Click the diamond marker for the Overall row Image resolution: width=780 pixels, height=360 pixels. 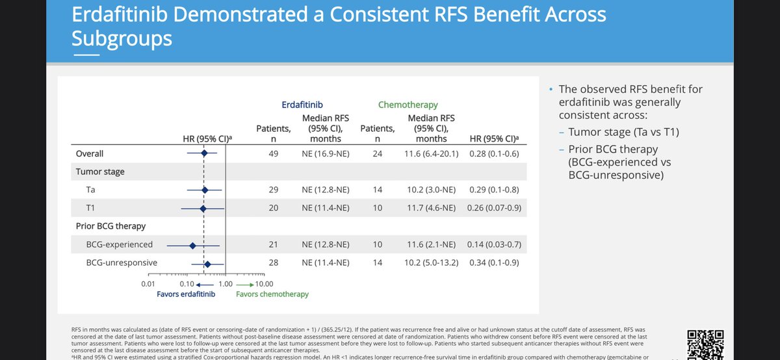[203, 153]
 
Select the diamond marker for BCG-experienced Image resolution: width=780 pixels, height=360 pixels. [192, 245]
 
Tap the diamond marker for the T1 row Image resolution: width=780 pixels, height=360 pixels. [203, 208]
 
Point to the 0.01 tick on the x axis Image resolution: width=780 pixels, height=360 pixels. [148, 284]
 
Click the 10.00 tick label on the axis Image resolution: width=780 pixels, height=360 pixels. [264, 284]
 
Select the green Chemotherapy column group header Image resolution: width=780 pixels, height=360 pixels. [408, 104]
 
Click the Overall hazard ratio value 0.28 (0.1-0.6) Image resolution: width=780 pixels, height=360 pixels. [493, 154]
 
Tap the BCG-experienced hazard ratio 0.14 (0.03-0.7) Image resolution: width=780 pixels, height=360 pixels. [493, 245]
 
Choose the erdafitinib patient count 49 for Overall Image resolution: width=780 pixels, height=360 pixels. [274, 154]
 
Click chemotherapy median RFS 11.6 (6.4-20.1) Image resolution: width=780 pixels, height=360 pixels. [432, 154]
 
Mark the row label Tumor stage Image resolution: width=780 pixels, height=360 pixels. [100, 172]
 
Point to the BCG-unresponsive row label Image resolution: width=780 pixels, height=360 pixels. [122, 263]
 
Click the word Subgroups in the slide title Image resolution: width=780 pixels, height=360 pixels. [122, 38]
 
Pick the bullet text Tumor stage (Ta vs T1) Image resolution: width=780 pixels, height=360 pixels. [617, 133]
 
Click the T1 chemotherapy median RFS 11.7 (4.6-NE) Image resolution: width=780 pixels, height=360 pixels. [432, 208]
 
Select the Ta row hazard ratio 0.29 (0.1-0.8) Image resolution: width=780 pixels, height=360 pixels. [493, 190]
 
